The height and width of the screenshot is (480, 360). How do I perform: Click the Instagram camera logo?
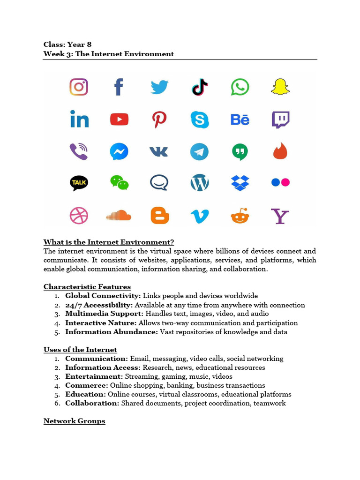coord(79,87)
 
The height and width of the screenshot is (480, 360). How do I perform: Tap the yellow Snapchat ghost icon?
coord(280,87)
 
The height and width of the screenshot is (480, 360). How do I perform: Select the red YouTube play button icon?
coord(119,120)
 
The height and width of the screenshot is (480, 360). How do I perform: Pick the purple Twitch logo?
coord(280,120)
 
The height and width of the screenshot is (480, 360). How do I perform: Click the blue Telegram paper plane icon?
coord(200,152)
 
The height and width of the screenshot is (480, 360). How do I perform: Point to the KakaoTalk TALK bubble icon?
coord(79,182)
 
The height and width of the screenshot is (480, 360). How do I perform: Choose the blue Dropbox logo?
coord(240,182)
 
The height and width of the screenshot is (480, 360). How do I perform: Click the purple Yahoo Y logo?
coord(280,216)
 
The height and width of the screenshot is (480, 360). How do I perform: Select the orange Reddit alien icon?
coord(240,216)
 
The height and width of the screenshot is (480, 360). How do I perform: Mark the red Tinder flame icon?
coord(280,151)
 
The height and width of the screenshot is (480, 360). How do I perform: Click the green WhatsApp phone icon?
coord(240,87)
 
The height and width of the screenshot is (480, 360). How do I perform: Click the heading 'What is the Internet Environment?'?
coord(109,242)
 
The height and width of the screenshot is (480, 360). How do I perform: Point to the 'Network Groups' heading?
coord(75,421)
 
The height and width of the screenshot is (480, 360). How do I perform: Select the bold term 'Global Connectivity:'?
coord(103,296)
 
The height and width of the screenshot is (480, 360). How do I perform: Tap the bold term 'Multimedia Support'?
coord(104,314)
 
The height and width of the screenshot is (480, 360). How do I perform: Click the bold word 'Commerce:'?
coord(87,385)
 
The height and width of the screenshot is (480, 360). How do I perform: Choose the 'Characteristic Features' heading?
coord(87,287)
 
